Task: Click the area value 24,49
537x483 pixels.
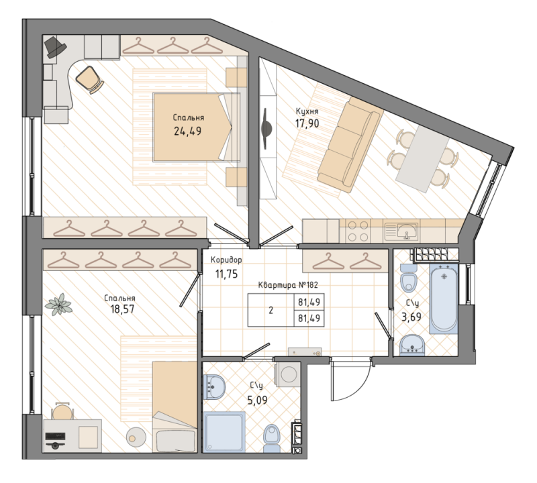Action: (189, 131)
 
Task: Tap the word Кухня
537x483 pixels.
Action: (307, 111)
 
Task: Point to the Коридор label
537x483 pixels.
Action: (226, 260)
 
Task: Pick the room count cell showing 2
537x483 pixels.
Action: (271, 311)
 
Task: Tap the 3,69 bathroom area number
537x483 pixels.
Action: (411, 316)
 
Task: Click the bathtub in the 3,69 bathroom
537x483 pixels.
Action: (444, 299)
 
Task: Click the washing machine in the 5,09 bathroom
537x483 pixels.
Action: (289, 374)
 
